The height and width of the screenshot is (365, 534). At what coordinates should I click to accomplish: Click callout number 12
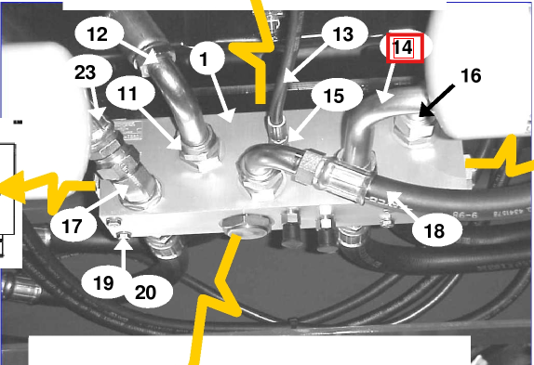98,34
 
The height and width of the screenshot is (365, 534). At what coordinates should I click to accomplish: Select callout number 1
204,59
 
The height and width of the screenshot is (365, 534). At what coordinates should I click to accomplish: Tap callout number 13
343,34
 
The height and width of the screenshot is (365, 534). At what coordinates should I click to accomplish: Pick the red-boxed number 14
404,48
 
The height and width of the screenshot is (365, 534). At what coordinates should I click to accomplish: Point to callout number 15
334,97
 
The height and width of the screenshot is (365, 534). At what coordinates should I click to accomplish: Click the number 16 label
471,75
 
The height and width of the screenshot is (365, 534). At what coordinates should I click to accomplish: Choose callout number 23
86,72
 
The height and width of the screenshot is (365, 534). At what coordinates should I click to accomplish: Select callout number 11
127,94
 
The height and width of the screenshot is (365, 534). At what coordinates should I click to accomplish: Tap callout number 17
72,226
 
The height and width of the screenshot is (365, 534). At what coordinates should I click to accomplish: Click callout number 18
434,231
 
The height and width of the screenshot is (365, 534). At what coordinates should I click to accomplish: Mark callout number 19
103,282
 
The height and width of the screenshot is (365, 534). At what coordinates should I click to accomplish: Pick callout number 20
146,293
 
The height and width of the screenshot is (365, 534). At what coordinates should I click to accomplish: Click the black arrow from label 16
436,101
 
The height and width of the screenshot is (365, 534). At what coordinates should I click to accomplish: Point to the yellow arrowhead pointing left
12,187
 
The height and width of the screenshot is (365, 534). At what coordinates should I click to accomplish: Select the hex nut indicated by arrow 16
414,130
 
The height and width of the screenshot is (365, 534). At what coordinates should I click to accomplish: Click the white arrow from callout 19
123,252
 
